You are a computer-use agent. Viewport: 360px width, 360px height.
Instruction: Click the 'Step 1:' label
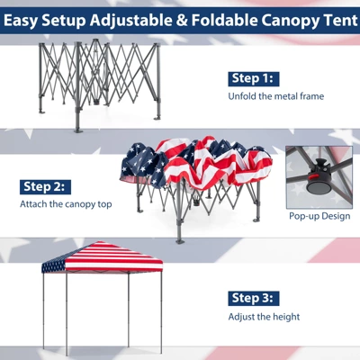tap(255, 77)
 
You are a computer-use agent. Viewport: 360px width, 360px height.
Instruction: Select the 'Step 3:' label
tap(255, 298)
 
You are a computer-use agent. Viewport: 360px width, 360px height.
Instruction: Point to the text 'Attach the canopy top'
tap(66, 203)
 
